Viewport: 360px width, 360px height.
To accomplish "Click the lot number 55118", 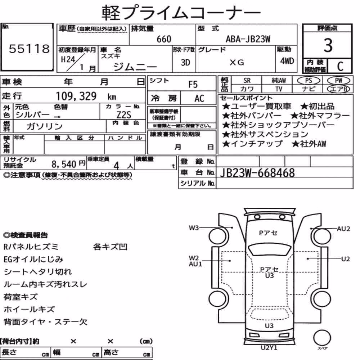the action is click(29, 49).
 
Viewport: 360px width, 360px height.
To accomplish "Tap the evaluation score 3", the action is click(328, 45).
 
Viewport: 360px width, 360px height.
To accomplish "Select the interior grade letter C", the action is click(340, 66).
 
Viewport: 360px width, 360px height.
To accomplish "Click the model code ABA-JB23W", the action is click(248, 39).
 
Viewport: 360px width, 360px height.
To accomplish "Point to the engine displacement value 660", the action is click(164, 39).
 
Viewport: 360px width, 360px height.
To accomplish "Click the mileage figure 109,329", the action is click(76, 96).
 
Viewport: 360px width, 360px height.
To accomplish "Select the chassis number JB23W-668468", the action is click(257, 173).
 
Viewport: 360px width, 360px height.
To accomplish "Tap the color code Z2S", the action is click(124, 115).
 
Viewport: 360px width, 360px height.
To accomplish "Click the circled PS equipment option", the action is click(309, 81).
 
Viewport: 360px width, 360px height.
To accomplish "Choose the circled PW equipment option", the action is click(338, 81).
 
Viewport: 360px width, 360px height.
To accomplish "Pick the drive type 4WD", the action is click(287, 61).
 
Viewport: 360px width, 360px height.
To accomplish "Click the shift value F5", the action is click(193, 85).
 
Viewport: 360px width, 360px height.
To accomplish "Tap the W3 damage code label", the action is click(194, 228).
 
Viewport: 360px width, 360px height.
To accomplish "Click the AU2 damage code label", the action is click(343, 229).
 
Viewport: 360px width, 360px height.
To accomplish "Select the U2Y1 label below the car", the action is click(269, 348).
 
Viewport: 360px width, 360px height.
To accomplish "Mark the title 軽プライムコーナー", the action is click(181, 13).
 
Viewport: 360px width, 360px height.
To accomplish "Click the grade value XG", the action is click(237, 62).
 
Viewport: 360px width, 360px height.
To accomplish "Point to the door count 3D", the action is click(185, 62).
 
